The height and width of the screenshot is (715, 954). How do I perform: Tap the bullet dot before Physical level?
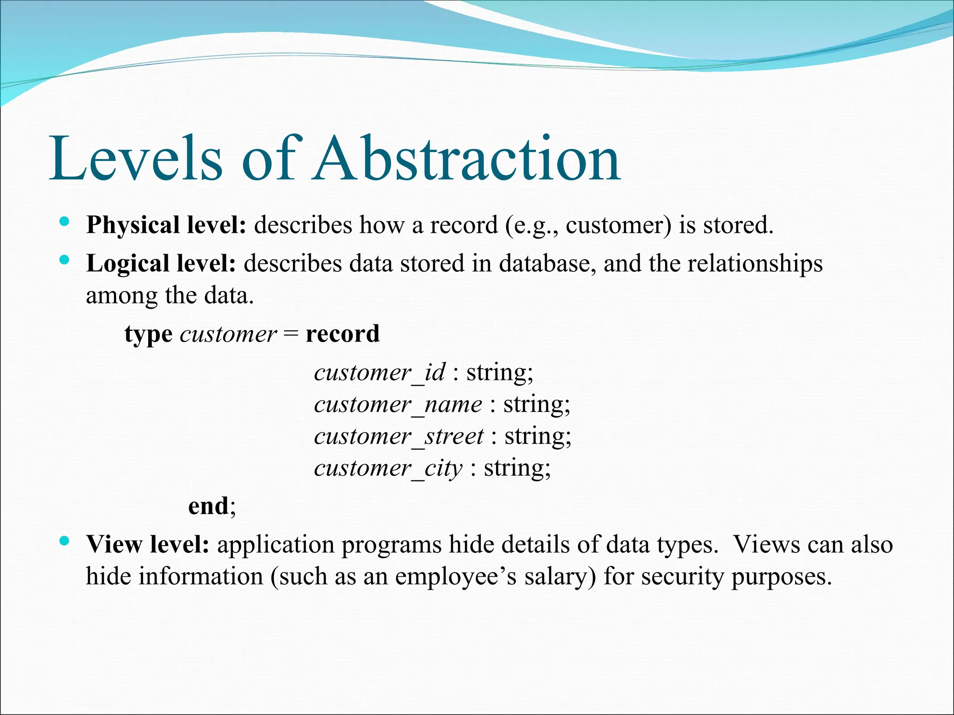(65, 221)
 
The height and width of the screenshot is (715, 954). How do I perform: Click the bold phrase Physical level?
(166, 225)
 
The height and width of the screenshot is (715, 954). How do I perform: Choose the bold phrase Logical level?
(161, 263)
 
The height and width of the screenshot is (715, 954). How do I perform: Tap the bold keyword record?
(342, 334)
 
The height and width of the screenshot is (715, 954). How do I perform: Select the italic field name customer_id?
(380, 372)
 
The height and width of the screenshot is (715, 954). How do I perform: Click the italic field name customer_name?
(398, 404)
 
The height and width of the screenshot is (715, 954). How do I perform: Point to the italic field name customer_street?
(399, 436)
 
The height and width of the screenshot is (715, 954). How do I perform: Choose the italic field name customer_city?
(388, 468)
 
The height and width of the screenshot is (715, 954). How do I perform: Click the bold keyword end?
(208, 506)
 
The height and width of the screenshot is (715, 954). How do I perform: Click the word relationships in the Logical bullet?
(755, 263)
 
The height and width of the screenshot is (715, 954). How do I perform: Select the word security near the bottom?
(682, 577)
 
